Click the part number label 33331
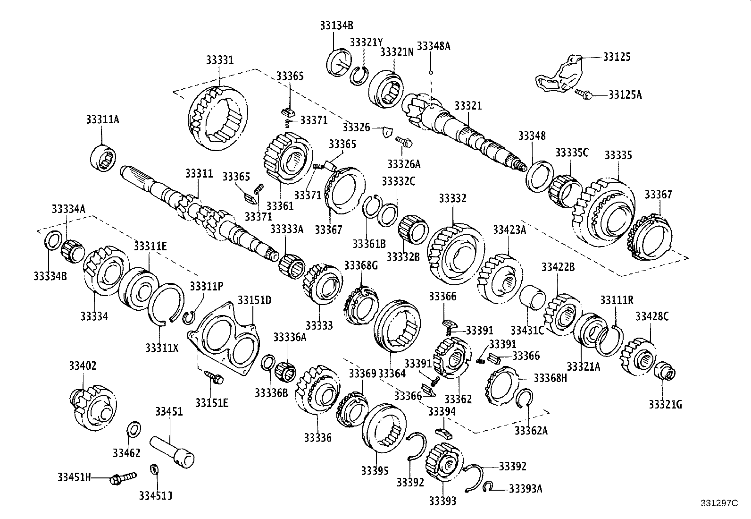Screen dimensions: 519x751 [219, 60]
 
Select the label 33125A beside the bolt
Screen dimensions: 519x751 [625, 94]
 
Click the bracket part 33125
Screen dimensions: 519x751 [560, 77]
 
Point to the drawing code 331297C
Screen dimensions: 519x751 [718, 503]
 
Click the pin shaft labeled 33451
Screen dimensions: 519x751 [173, 451]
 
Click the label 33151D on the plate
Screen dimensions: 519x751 [254, 300]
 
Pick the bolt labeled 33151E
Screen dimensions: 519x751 [214, 377]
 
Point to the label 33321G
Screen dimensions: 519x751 [665, 404]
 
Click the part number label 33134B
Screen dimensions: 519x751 [336, 26]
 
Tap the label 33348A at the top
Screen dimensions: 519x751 [434, 46]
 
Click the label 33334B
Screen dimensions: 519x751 [50, 275]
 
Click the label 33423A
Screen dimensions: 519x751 [509, 230]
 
